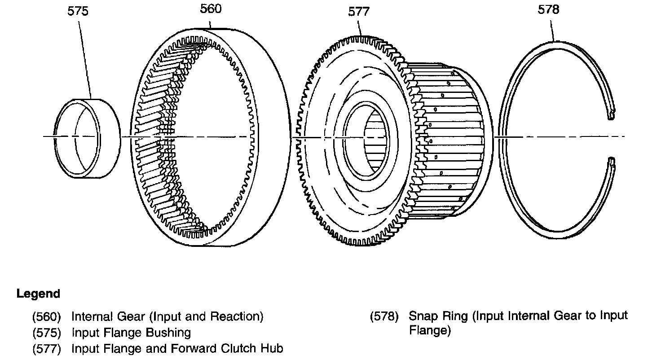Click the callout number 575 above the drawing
[78, 11]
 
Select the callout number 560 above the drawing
[211, 9]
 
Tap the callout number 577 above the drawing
[359, 12]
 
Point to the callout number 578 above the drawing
[549, 9]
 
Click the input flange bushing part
[88, 138]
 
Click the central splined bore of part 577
[375, 141]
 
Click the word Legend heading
[38, 294]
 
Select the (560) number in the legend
[47, 316]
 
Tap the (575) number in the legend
[47, 333]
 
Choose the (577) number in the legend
[47, 349]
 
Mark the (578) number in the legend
[384, 316]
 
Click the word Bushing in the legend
[168, 333]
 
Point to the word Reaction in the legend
[237, 316]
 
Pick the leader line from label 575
[85, 60]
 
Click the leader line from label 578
[552, 31]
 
